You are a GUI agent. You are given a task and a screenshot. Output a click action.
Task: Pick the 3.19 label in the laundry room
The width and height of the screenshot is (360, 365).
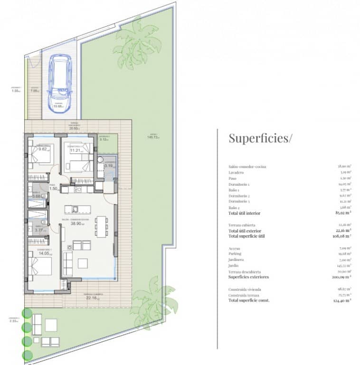(x=109, y=165)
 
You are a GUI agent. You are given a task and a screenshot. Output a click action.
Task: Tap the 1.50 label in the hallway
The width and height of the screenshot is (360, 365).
(x=54, y=189)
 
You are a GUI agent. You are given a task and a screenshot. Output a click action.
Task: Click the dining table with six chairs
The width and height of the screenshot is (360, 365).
(x=100, y=226)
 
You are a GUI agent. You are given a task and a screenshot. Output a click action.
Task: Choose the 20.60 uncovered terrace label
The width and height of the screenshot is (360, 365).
(x=74, y=128)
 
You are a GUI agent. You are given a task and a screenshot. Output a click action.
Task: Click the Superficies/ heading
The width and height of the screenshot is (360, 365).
(x=261, y=138)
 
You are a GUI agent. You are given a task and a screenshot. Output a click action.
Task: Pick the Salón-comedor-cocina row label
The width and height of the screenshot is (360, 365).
(x=247, y=167)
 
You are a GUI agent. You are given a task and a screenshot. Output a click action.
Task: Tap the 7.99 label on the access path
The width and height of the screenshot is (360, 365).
(x=35, y=91)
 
